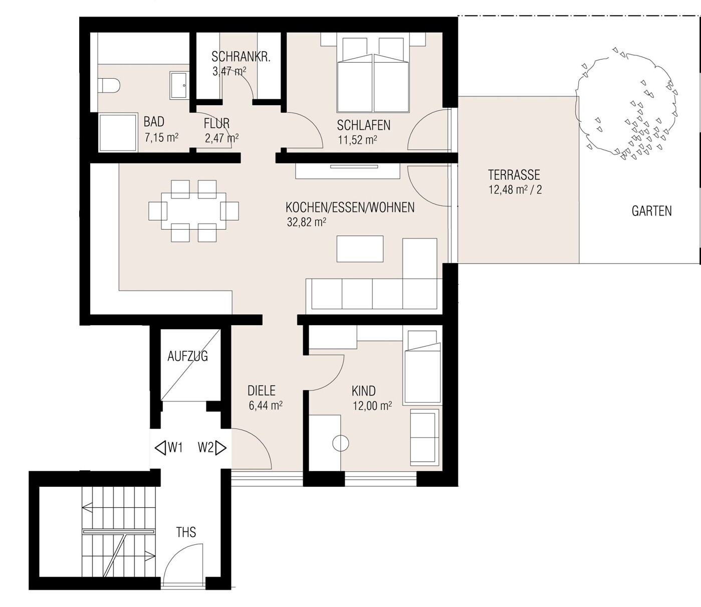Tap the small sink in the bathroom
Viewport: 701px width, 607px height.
tap(179, 85)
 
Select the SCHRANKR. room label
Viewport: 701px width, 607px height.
tap(241, 57)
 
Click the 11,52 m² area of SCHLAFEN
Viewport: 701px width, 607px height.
tap(357, 140)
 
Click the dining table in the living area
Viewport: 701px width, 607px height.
tap(193, 211)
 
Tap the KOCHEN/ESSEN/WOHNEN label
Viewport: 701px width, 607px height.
tap(350, 207)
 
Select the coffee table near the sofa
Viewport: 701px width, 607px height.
tap(360, 249)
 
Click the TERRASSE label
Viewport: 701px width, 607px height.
tap(514, 175)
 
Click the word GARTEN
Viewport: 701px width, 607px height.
tap(651, 211)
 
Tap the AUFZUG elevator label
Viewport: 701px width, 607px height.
tap(187, 356)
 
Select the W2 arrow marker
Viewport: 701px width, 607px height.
tap(212, 447)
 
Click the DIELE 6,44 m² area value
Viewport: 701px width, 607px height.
tap(265, 406)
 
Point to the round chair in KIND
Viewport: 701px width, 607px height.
tap(341, 444)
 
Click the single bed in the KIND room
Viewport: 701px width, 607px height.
tap(422, 368)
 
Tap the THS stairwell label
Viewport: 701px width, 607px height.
tap(186, 532)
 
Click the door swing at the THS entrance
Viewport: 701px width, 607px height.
tap(183, 564)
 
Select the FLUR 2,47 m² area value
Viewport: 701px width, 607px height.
tap(221, 138)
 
